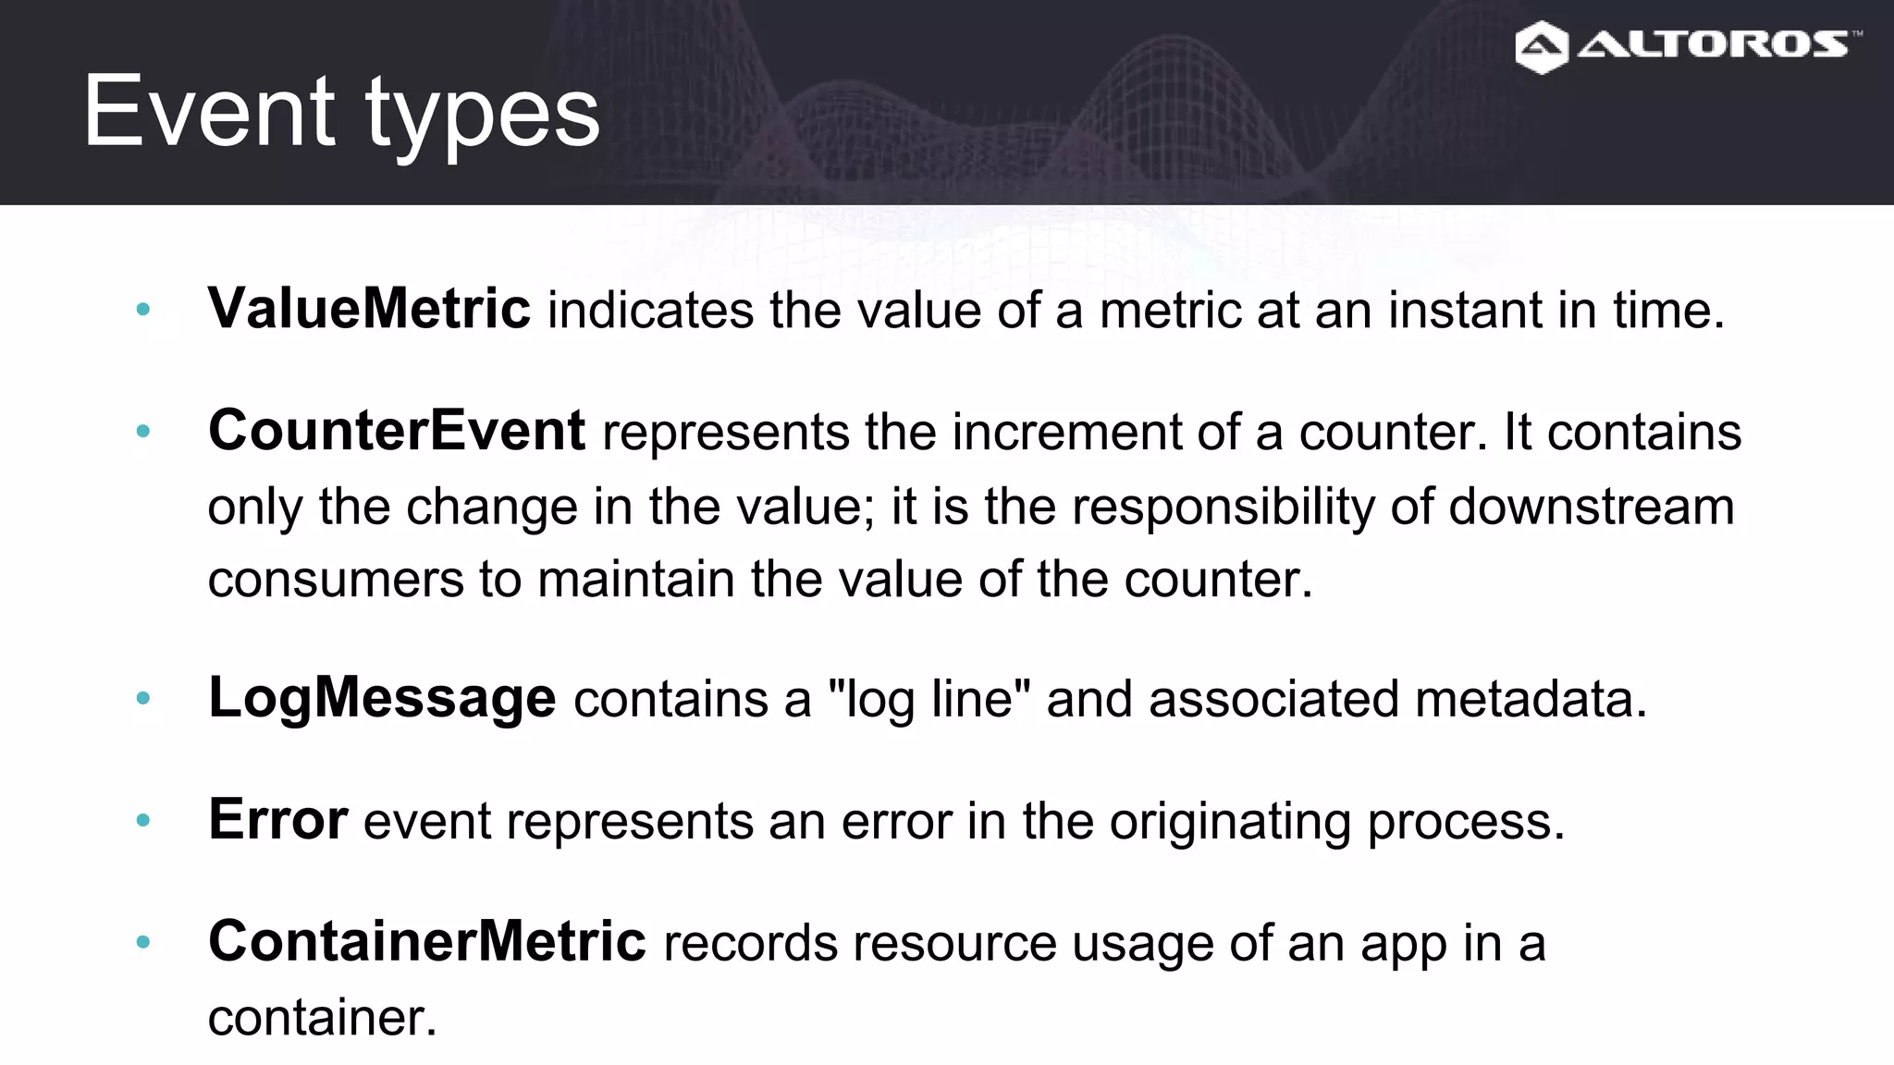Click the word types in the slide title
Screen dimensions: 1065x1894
tap(483, 116)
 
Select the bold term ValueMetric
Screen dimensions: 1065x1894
tap(369, 308)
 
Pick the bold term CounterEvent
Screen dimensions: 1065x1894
tap(397, 430)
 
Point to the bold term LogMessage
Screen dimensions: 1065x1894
tap(382, 697)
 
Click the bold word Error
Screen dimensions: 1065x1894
tap(277, 819)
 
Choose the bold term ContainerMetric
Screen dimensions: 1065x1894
tap(427, 941)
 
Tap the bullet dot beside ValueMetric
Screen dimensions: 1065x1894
tap(142, 309)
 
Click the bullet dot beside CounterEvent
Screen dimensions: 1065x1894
tap(142, 431)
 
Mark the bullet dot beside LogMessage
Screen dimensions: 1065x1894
tap(142, 698)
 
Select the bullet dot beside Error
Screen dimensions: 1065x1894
tap(142, 820)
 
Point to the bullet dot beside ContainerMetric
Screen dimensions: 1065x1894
tap(142, 942)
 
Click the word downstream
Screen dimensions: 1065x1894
tap(1591, 507)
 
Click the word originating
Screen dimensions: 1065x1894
tap(1230, 821)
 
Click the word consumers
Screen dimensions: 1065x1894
tap(335, 581)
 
